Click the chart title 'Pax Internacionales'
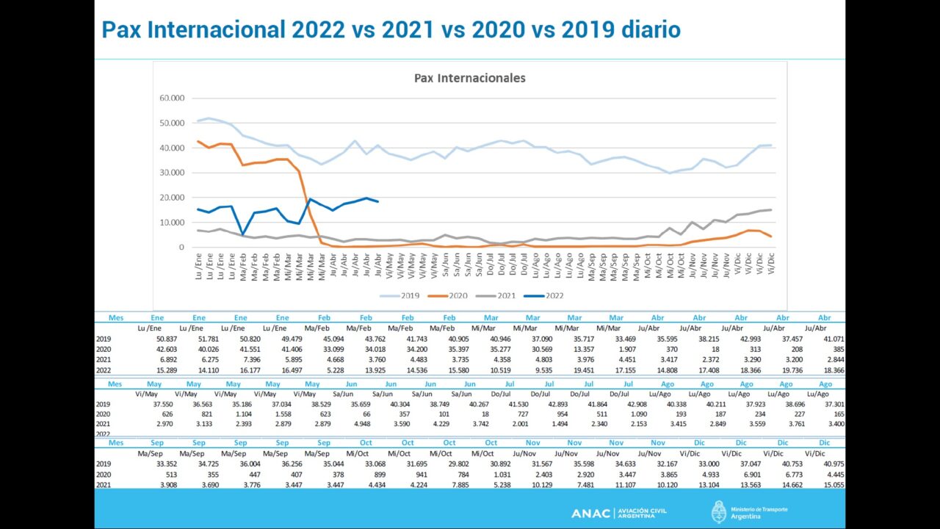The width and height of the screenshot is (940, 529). [469, 78]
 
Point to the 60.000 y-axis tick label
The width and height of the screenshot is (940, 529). [172, 98]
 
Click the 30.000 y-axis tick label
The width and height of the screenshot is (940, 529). [172, 173]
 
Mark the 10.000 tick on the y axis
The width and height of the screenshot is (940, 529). [172, 223]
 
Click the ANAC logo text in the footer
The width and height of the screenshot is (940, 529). [590, 513]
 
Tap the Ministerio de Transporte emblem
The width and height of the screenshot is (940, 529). [719, 512]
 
